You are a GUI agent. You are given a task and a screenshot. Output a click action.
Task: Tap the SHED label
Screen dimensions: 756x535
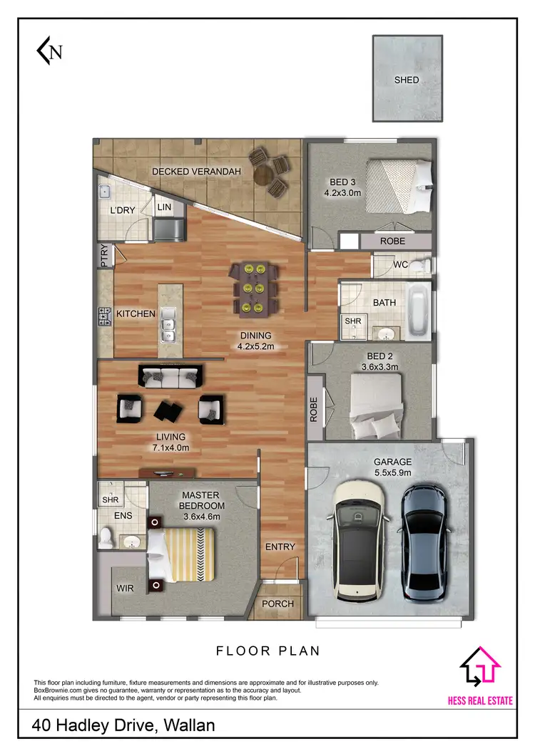(407, 80)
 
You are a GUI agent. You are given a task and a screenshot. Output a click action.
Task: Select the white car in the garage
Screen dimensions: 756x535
(359, 540)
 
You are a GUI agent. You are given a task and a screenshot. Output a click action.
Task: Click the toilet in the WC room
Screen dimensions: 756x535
(422, 266)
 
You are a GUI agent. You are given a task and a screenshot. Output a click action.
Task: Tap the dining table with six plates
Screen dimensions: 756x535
(255, 288)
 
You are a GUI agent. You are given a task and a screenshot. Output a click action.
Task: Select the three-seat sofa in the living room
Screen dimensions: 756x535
(170, 376)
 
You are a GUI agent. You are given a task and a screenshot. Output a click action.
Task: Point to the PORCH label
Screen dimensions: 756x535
(277, 604)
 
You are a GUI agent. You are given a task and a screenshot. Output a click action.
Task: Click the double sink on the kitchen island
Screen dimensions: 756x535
(169, 324)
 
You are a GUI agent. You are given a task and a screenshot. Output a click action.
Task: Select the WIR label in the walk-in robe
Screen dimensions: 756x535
(125, 589)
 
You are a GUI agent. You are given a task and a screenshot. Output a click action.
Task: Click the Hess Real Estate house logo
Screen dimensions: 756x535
(480, 668)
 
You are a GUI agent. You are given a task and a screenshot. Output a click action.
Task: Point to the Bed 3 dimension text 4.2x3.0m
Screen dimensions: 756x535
(343, 192)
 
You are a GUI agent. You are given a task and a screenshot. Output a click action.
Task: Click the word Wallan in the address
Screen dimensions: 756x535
(189, 725)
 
